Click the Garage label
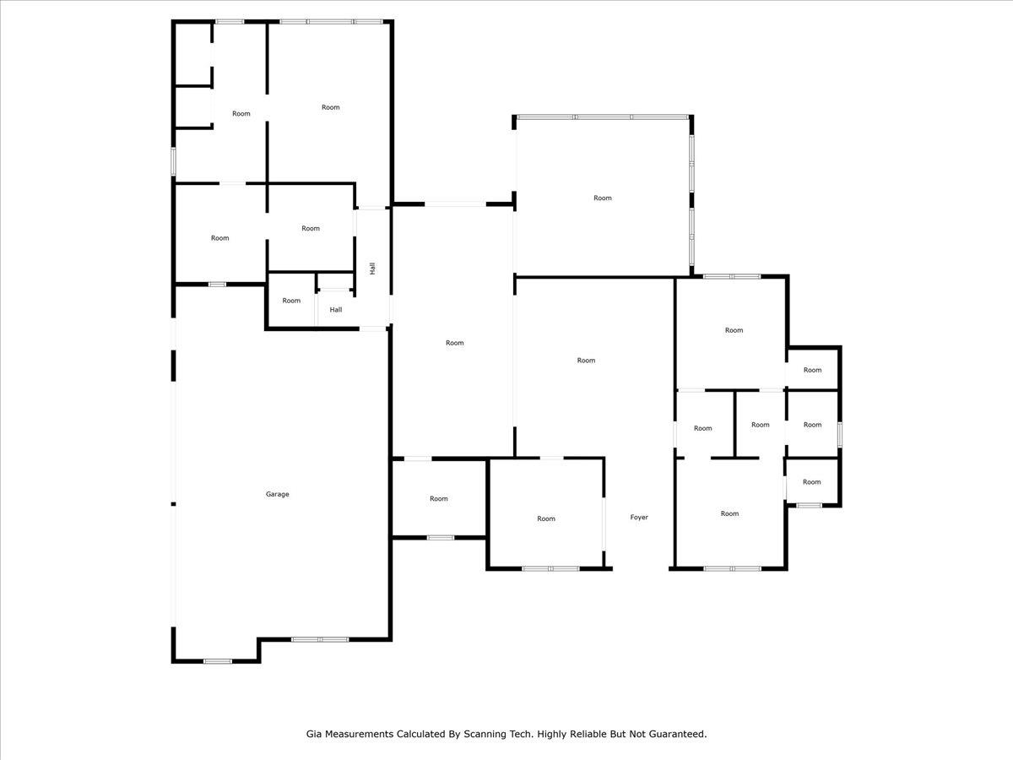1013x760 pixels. (278, 494)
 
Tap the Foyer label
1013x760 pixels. (639, 518)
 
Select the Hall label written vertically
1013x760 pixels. (372, 269)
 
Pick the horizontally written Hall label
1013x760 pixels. (336, 310)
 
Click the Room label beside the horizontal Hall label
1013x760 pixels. (291, 301)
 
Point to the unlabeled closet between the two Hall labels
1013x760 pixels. (335, 281)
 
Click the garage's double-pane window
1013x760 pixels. (320, 639)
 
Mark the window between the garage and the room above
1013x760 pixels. (217, 285)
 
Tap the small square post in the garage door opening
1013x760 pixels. (174, 504)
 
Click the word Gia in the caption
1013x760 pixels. (314, 734)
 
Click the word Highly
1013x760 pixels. (552, 734)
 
